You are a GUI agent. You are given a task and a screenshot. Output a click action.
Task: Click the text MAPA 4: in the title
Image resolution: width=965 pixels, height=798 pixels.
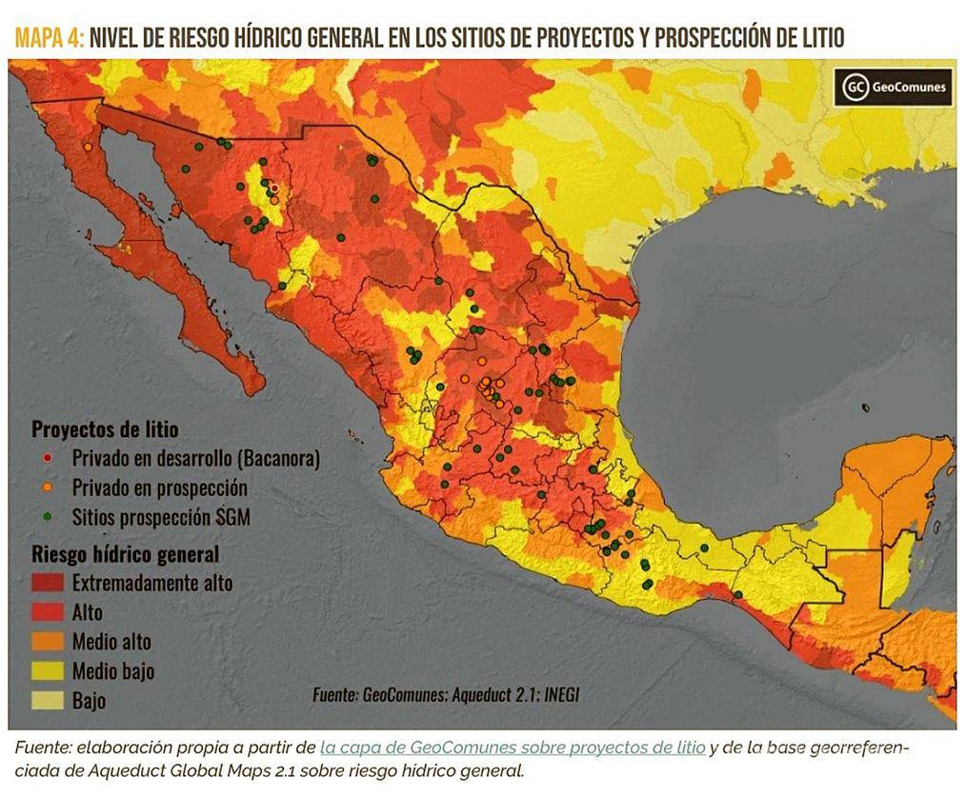tap(49, 38)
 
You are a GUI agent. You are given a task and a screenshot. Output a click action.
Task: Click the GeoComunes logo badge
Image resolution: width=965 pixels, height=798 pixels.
tap(894, 88)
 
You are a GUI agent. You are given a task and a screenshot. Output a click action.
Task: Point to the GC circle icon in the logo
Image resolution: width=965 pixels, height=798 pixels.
tap(855, 88)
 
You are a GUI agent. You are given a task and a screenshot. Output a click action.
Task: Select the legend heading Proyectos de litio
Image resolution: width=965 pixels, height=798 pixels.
tap(105, 429)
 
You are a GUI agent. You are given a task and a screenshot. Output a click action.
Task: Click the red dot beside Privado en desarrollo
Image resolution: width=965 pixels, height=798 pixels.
tap(49, 459)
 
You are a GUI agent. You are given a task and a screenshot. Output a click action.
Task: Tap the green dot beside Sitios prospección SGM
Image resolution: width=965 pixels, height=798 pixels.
tap(49, 518)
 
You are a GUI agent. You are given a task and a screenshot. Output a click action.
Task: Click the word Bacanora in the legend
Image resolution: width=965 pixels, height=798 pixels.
tap(276, 459)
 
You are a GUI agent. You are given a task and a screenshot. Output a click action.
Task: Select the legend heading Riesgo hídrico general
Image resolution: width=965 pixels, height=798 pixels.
tap(125, 553)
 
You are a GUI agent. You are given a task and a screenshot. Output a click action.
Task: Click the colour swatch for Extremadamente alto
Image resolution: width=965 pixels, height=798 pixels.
tap(49, 583)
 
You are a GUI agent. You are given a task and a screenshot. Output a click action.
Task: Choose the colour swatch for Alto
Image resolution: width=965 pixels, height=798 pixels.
tap(49, 612)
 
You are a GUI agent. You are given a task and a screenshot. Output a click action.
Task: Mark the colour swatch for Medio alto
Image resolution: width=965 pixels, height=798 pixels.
tap(49, 642)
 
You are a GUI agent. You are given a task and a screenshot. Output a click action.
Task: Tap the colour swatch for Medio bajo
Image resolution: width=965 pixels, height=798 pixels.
tap(49, 671)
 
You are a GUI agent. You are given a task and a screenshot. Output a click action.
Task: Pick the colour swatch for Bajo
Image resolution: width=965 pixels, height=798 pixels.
tap(49, 701)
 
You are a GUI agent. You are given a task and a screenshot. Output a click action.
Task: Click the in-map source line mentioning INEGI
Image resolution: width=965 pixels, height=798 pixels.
tap(445, 695)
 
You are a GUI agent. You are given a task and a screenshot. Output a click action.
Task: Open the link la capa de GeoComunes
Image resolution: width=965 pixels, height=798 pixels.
tap(513, 748)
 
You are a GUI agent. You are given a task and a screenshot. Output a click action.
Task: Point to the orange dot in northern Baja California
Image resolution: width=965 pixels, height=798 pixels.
tap(88, 148)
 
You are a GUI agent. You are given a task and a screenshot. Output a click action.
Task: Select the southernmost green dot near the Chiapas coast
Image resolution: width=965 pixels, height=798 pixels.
tap(737, 594)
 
